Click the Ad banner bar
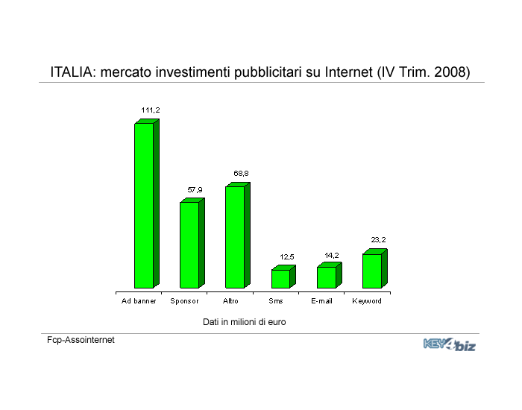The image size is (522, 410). pos(147,204)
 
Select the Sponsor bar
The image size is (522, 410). pos(192,243)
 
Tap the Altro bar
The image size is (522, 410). pos(238,235)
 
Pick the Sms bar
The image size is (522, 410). pos(283,277)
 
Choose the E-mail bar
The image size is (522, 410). pos(330,275)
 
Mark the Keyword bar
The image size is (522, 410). pos(375,268)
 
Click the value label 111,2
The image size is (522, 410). pos(151,110)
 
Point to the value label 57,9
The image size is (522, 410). pos(195,190)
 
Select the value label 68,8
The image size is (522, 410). pos(241,174)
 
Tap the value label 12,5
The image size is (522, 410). pos(287,257)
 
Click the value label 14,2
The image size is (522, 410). pos(332,255)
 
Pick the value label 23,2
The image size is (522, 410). pos(378,239)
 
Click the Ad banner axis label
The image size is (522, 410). pos(139,301)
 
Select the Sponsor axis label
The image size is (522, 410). pos(184,301)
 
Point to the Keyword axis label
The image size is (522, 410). pos(367,301)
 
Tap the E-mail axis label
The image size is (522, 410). pos(321,301)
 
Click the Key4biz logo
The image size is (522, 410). pos(450,344)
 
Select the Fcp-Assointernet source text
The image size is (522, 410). pos(81,340)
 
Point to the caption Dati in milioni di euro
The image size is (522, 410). pos(245,322)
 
